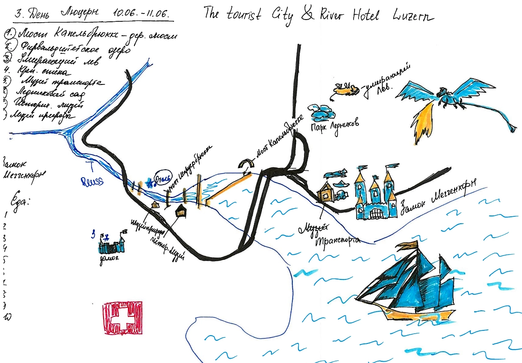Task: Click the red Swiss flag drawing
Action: pyautogui.click(x=124, y=318)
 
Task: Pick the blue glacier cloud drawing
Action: pyautogui.click(x=323, y=112)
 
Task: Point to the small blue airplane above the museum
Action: pyautogui.click(x=336, y=174)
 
